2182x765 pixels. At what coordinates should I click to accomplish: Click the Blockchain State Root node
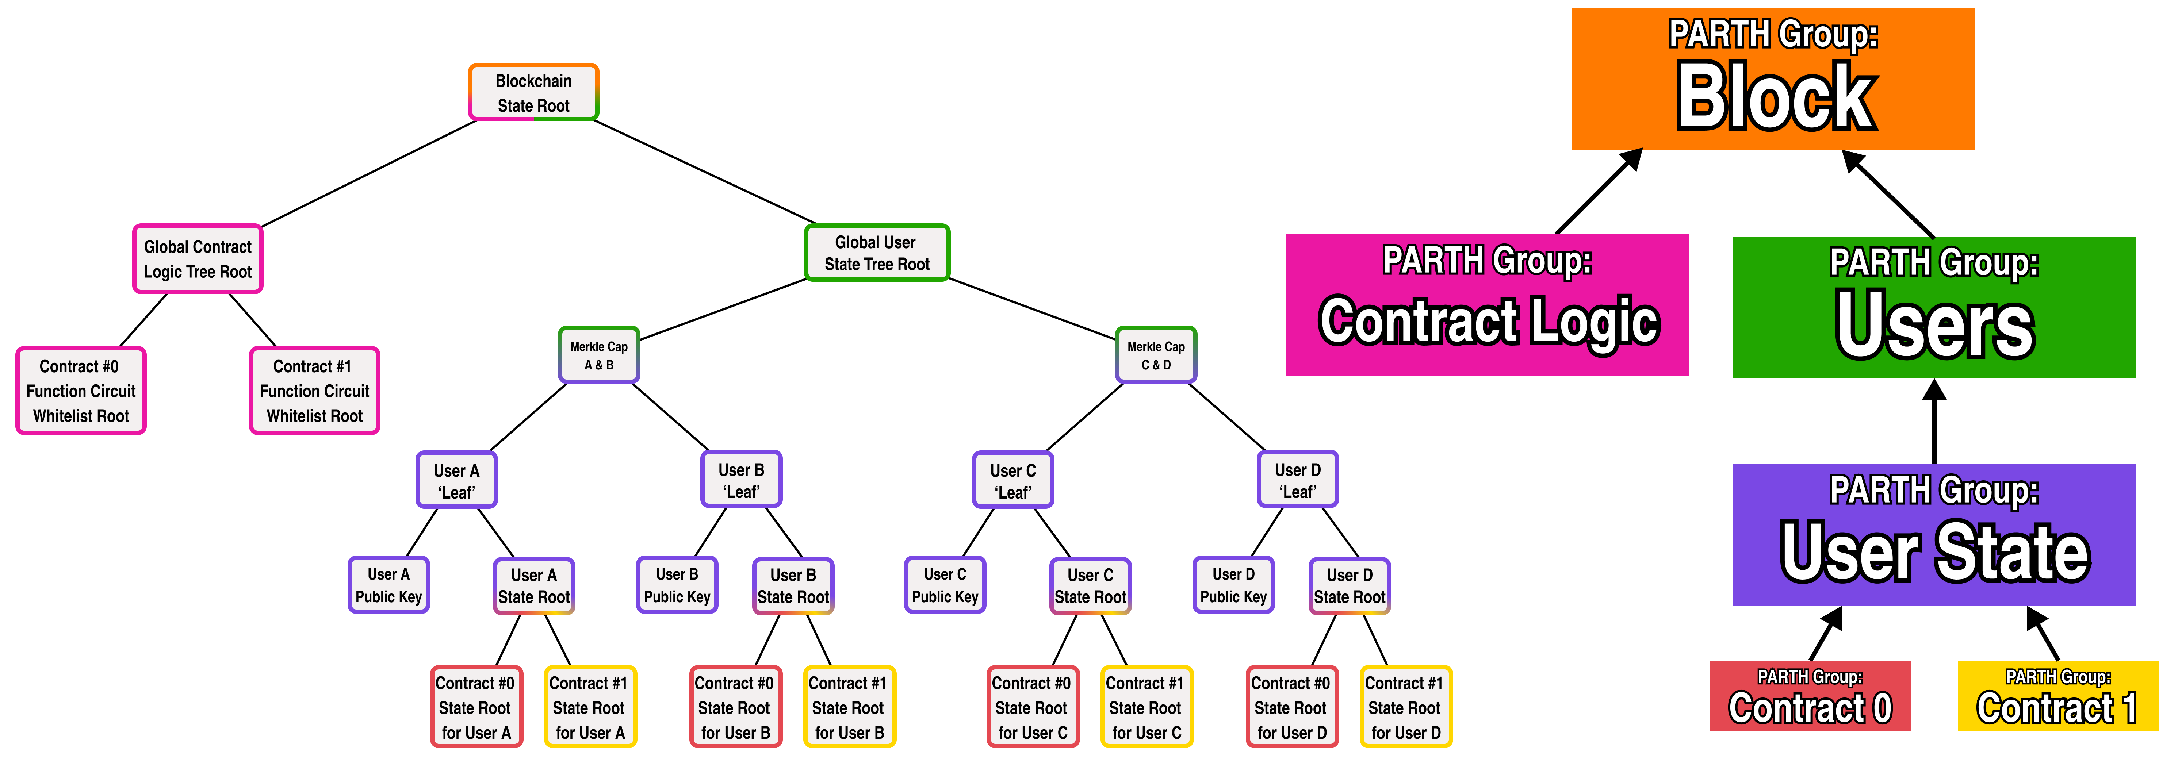click(534, 92)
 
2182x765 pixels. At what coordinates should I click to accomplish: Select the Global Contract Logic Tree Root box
click(198, 259)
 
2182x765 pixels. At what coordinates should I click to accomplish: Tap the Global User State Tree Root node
click(877, 253)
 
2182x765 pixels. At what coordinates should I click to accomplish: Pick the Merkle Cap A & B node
click(599, 355)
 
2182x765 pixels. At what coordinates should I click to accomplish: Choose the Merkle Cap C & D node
click(1155, 355)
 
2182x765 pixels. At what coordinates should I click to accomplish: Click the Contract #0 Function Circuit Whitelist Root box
click(81, 391)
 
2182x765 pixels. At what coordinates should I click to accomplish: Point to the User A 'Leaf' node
click(456, 480)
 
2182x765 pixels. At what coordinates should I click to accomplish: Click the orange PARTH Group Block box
click(1773, 79)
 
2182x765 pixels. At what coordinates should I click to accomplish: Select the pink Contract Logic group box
click(1486, 305)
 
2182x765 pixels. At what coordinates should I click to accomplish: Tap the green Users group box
click(1934, 307)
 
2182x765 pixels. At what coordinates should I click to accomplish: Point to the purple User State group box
click(1934, 535)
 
